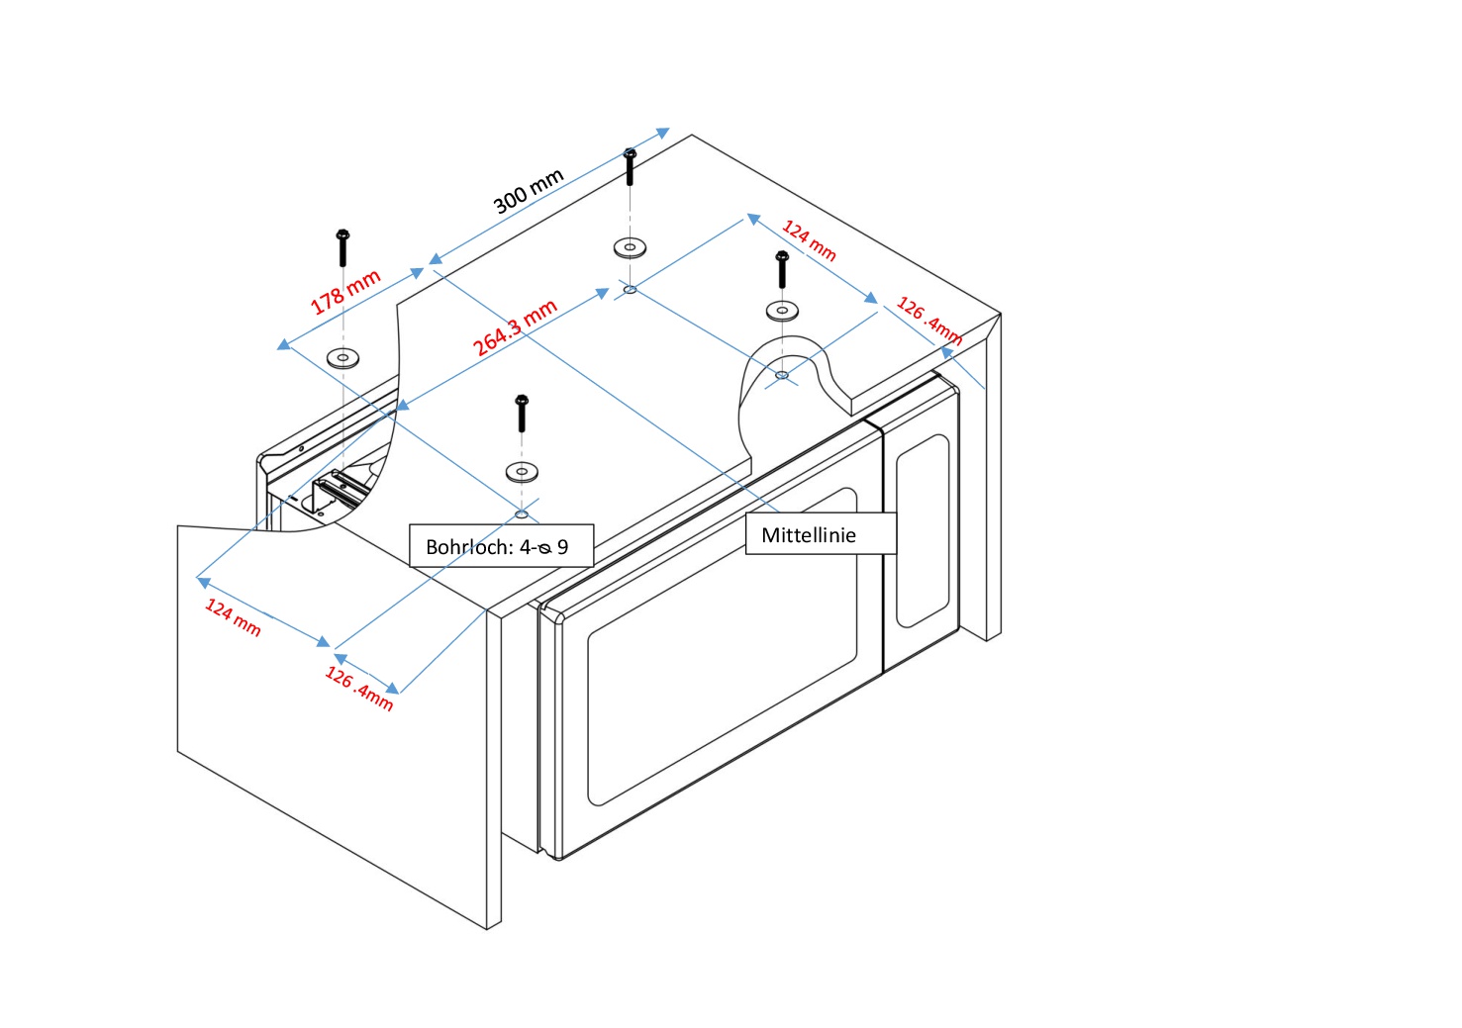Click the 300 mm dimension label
(529, 190)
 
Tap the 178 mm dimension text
(345, 292)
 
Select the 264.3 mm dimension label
(515, 327)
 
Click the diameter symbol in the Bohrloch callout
(544, 548)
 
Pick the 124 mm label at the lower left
(233, 617)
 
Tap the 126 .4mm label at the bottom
(359, 689)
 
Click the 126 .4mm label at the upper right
(928, 320)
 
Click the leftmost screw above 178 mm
(342, 247)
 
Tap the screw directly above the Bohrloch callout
(522, 413)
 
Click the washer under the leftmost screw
(342, 357)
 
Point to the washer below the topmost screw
(630, 246)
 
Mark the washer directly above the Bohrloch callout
(522, 471)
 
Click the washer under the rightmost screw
(782, 311)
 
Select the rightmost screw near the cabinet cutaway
(782, 269)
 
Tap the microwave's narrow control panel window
(923, 530)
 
